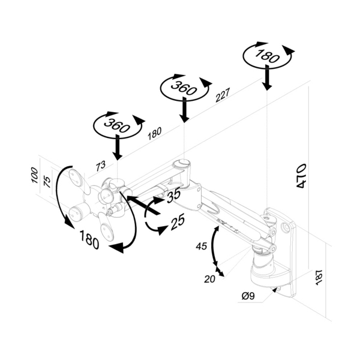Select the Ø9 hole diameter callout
coord(248,295)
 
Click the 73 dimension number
coord(101,164)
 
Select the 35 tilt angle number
coord(173,195)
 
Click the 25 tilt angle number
coord(176,223)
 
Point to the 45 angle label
coord(202,247)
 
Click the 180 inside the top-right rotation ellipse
coord(268,56)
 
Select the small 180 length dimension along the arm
coord(154,133)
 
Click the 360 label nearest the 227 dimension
coord(184,89)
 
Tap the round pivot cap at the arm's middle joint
coord(180,163)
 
